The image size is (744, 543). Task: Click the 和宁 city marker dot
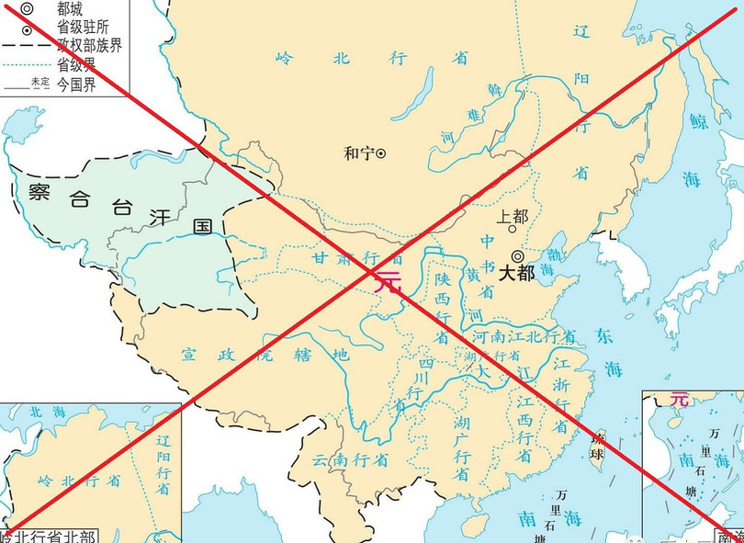pos(381,153)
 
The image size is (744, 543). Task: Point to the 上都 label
pos(513,218)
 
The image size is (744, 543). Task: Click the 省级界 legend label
pos(77,64)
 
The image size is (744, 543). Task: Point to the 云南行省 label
pos(349,458)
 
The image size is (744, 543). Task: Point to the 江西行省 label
pos(524,430)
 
